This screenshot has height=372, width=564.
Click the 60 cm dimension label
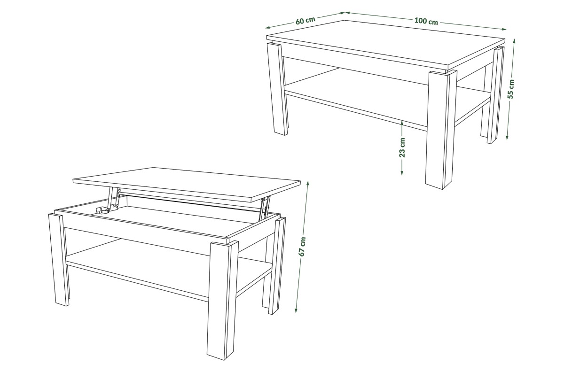point(305,20)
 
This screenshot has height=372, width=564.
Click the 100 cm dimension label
point(426,22)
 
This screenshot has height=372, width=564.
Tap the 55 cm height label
point(511,89)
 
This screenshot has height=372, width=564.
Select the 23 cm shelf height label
point(402,147)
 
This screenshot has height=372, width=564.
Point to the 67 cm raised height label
point(302,247)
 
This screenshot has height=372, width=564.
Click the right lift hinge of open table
point(265,207)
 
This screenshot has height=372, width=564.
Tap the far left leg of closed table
point(277,89)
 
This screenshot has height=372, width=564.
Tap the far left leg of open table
point(58,259)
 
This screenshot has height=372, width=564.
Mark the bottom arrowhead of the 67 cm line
point(297,311)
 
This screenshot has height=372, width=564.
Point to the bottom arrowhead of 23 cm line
point(402,172)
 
